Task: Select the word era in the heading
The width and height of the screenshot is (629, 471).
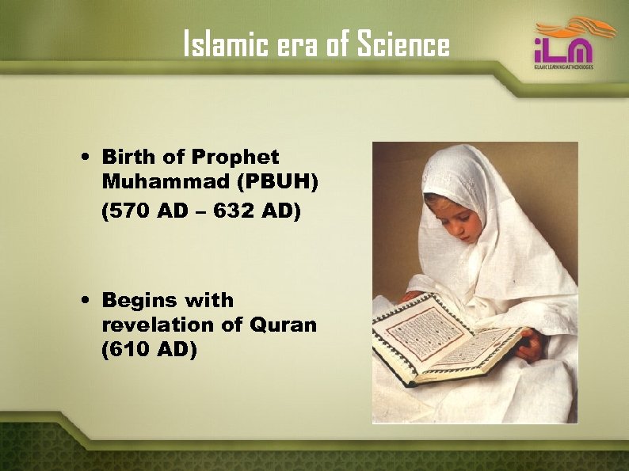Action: pyautogui.click(x=299, y=46)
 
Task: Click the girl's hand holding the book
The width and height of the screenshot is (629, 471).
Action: pyautogui.click(x=532, y=345)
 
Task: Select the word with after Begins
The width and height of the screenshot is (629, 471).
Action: pyautogui.click(x=209, y=300)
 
